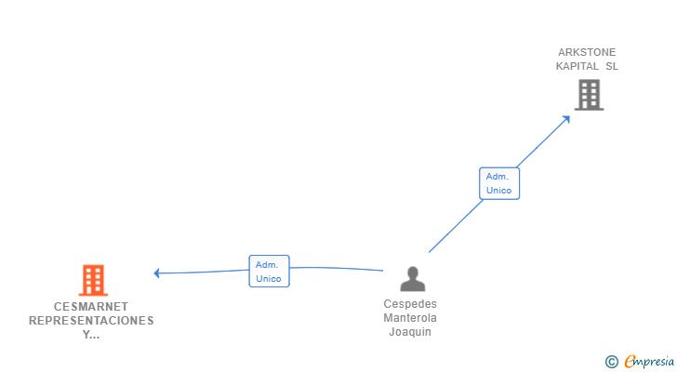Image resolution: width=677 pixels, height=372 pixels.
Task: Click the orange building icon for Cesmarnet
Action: (92, 280)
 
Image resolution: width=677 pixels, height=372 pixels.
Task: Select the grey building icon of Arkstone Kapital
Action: (589, 94)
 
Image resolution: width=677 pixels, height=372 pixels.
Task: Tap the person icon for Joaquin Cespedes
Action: (411, 279)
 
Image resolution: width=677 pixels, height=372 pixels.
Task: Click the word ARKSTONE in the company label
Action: (587, 52)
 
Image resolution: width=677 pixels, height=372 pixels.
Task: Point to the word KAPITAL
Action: (577, 66)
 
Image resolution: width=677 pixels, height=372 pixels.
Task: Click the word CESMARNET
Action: (91, 306)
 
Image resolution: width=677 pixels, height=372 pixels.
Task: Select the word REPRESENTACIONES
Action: (91, 320)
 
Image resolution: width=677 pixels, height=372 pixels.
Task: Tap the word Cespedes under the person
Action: (410, 304)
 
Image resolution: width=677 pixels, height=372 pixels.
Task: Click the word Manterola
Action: (410, 318)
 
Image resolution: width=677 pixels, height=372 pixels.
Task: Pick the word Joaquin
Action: (410, 332)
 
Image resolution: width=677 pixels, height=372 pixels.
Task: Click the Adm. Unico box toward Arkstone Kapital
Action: (498, 183)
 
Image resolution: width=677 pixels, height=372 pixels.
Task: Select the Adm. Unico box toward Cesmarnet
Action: (269, 271)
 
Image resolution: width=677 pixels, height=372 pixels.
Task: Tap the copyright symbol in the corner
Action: (611, 361)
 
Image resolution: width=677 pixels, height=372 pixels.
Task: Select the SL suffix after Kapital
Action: (611, 66)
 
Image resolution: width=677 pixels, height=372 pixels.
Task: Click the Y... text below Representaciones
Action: (91, 334)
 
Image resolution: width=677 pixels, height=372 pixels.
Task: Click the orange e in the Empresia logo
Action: (630, 361)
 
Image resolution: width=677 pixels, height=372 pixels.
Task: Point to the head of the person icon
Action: (411, 272)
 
